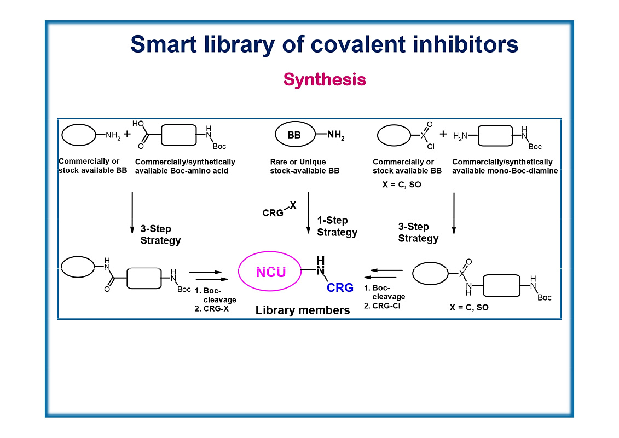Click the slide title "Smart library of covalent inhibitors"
pyautogui.click(x=324, y=44)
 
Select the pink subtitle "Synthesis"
pyautogui.click(x=324, y=80)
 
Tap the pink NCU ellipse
pyautogui.click(x=271, y=272)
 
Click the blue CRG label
pyautogui.click(x=340, y=287)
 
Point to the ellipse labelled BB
pyautogui.click(x=294, y=136)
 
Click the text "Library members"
pyautogui.click(x=302, y=310)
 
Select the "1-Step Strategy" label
pyautogui.click(x=337, y=227)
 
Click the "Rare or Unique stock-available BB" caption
pyautogui.click(x=305, y=166)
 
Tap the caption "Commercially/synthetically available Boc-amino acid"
pyautogui.click(x=185, y=166)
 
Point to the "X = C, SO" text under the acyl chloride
pyautogui.click(x=401, y=185)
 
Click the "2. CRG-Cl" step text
pyautogui.click(x=382, y=306)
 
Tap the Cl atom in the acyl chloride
pyautogui.click(x=430, y=147)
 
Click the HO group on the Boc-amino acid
pyautogui.click(x=137, y=124)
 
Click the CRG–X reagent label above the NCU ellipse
pyautogui.click(x=278, y=210)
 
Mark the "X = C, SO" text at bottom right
pyautogui.click(x=469, y=308)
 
